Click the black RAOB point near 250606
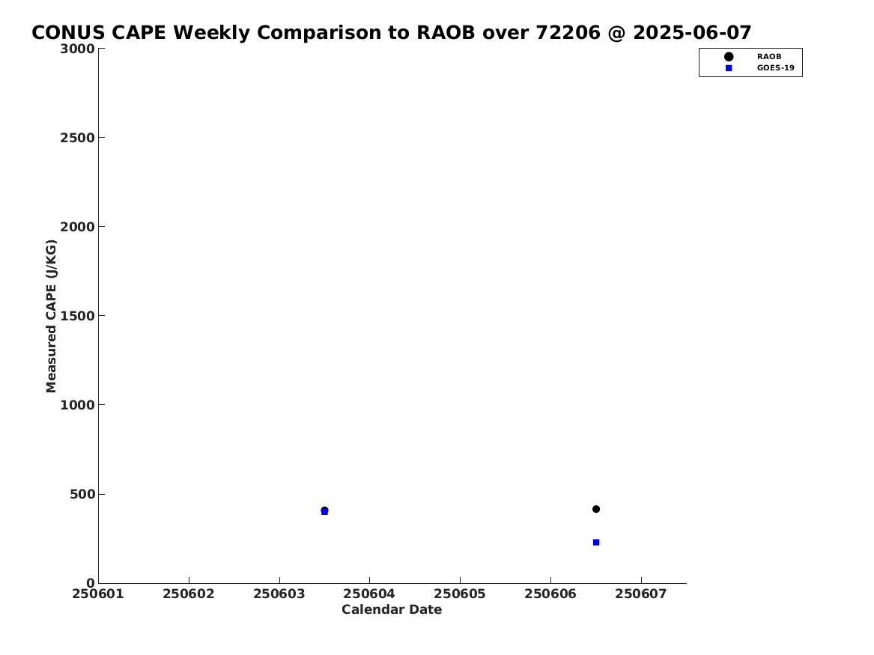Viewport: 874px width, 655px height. pos(596,509)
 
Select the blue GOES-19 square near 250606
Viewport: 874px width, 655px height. pos(596,543)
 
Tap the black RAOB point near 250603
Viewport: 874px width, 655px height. pos(324,510)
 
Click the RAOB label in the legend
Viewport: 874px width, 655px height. pos(768,57)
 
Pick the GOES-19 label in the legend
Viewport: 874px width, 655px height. pos(775,68)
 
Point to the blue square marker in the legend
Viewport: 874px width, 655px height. pos(729,68)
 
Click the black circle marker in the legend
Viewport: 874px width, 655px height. pos(729,57)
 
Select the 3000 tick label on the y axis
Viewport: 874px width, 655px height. pos(77,49)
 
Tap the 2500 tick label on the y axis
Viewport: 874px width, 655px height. pos(77,138)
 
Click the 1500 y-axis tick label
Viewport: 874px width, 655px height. pos(77,316)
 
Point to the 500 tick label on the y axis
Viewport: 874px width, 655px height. pos(82,494)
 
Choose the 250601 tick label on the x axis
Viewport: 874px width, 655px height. pos(98,594)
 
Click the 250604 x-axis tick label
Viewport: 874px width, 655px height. pos(369,594)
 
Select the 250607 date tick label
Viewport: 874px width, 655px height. pos(641,594)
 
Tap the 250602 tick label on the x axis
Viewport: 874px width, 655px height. pos(189,594)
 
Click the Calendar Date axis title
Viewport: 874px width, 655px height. pos(392,610)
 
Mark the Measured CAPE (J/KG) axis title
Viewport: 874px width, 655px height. pos(51,316)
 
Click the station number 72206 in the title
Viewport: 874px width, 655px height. pos(568,33)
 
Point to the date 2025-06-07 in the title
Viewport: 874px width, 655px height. pos(692,33)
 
